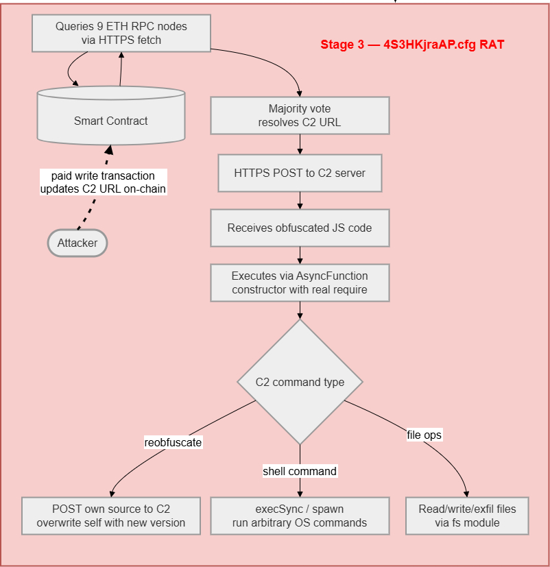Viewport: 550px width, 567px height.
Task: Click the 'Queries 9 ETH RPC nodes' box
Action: tap(121, 33)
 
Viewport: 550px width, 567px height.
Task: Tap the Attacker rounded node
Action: tap(77, 243)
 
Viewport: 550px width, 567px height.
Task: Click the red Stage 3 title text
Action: tap(412, 45)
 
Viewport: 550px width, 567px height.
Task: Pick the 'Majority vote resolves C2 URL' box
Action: tap(300, 115)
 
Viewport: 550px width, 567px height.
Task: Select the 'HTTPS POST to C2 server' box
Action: tap(300, 173)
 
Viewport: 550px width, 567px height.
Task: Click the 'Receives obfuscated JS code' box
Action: tap(300, 228)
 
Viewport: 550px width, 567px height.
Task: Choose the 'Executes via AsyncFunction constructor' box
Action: tap(300, 282)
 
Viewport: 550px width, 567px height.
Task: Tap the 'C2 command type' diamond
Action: tap(300, 382)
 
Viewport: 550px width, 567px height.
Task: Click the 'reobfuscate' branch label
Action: tap(173, 442)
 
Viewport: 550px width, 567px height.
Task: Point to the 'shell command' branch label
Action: tap(300, 471)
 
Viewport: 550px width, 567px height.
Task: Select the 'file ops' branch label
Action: tap(425, 435)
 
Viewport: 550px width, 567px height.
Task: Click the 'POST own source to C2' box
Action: tap(111, 516)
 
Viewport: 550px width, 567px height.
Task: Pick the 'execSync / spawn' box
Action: tap(300, 516)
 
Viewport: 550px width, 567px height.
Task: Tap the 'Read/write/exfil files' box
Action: tap(467, 516)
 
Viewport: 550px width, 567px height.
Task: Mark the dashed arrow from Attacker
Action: tap(89, 210)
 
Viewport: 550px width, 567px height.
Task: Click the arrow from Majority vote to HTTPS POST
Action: tap(300, 144)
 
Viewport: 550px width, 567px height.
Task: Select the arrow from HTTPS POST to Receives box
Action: tap(300, 200)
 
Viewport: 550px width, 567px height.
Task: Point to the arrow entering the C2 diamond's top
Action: tap(300, 311)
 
